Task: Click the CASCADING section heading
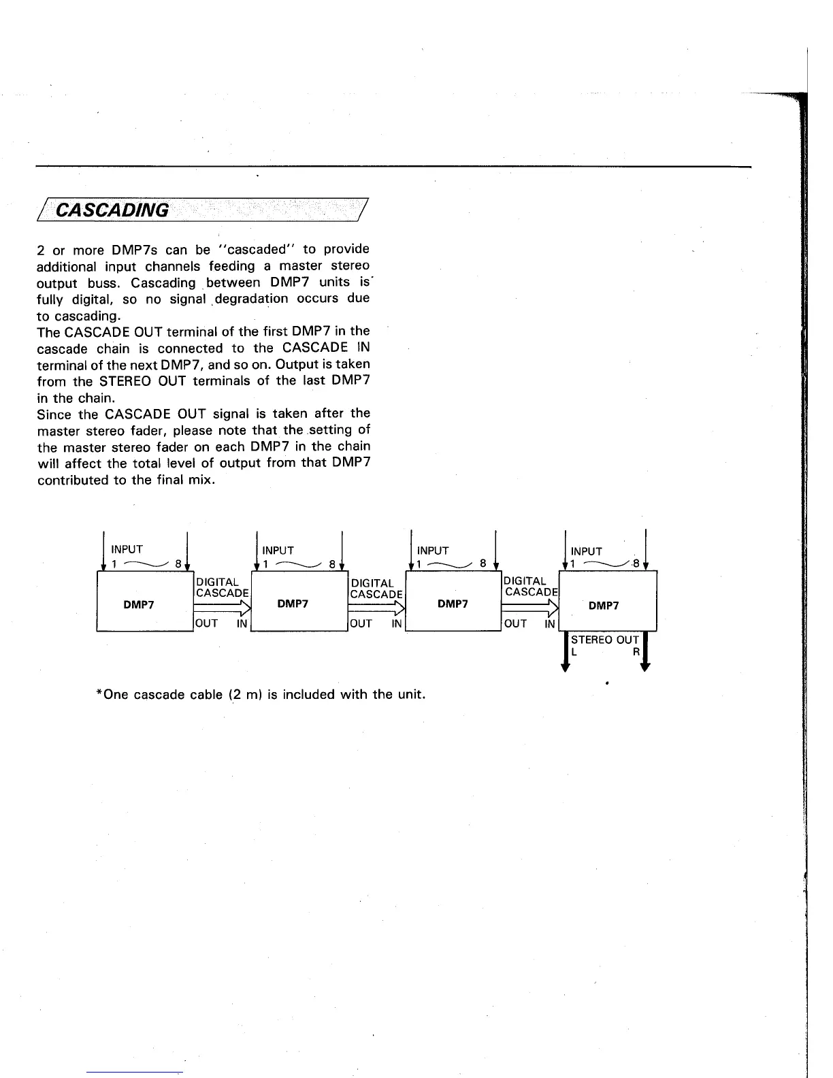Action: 112,210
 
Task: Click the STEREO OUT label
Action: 604,640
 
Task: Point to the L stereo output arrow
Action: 565,652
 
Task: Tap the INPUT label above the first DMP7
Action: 127,549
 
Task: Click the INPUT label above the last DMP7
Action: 587,551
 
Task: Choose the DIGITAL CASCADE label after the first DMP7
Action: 222,587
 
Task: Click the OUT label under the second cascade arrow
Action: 361,623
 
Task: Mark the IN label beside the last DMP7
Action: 550,623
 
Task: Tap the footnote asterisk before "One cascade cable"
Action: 100,694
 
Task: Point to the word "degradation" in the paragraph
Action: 251,299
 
